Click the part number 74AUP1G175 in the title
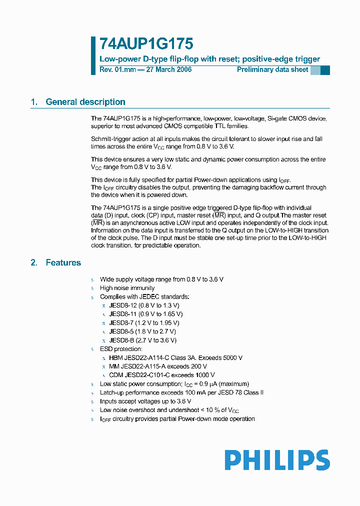[146, 44]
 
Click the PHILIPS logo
[276, 460]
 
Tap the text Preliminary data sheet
[272, 69]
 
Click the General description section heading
[85, 102]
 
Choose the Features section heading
[63, 262]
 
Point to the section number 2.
[34, 262]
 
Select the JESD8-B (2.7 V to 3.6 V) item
[142, 340]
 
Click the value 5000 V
[231, 357]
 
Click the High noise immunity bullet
[127, 288]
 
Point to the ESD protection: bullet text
[121, 348]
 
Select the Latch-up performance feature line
[181, 392]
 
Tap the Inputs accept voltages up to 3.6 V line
[145, 401]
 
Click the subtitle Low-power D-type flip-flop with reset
[169, 59]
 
